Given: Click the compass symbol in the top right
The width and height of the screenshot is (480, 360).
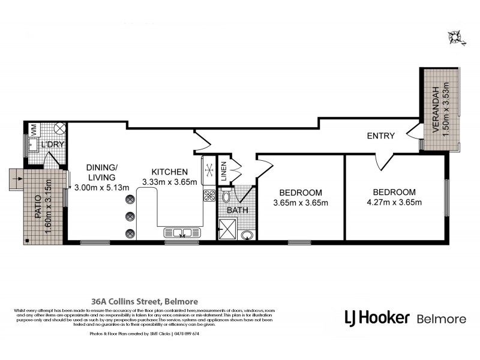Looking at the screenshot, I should pyautogui.click(x=457, y=37).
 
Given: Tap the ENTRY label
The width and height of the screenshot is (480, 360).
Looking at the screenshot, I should pyautogui.click(x=381, y=136).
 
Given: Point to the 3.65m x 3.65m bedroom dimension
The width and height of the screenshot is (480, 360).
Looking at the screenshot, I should pyautogui.click(x=301, y=203).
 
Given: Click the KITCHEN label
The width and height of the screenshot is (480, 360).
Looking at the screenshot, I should pyautogui.click(x=170, y=172).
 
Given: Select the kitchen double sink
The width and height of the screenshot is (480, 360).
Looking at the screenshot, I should pyautogui.click(x=178, y=233).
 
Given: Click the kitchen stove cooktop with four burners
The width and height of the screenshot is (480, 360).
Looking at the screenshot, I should pyautogui.click(x=210, y=195).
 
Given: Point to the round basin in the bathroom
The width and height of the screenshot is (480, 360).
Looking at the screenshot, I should pyautogui.click(x=247, y=235).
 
